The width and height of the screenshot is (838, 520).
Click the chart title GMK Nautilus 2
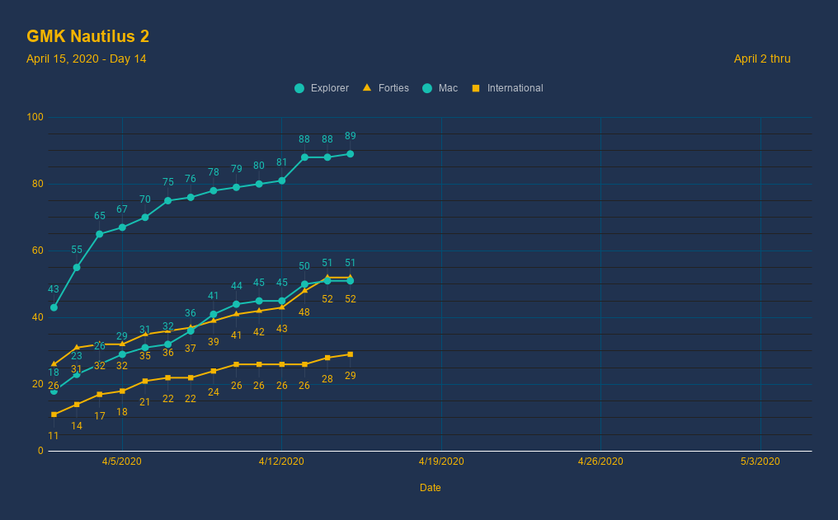[x=87, y=36]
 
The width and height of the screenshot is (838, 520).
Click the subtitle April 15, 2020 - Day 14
[x=86, y=59]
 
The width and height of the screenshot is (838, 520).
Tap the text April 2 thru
[x=761, y=59]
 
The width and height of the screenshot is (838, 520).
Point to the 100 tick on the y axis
[x=35, y=117]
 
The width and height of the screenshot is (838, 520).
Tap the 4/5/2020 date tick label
[x=122, y=461]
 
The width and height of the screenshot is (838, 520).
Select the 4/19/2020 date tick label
[x=441, y=461]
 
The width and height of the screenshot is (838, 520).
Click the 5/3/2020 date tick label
[x=760, y=461]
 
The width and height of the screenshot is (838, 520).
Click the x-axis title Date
[x=430, y=488]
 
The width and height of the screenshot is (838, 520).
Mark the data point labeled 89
[x=351, y=154]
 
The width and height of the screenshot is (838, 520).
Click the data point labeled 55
[x=77, y=267]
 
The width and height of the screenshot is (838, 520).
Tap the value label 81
[x=282, y=162]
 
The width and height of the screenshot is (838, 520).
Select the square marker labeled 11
[x=54, y=415]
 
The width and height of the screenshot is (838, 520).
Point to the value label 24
[x=214, y=392]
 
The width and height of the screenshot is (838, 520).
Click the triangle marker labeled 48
[x=304, y=290]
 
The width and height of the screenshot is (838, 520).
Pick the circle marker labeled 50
[x=304, y=284]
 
